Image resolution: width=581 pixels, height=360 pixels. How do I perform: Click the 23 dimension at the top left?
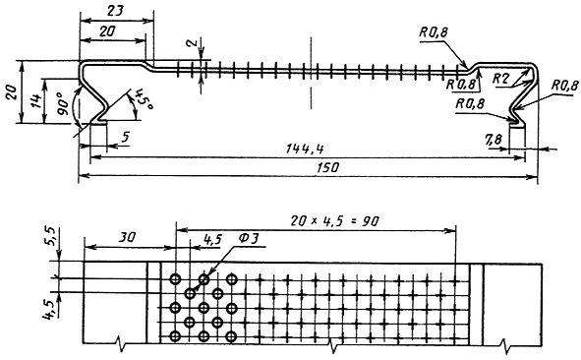[x=115, y=11]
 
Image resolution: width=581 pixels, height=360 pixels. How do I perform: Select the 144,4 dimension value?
[x=305, y=150]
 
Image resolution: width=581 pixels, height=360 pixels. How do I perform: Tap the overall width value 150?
[x=327, y=167]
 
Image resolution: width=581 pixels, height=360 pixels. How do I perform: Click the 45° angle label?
[x=143, y=99]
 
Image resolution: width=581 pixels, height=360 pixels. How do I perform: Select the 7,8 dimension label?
[x=494, y=140]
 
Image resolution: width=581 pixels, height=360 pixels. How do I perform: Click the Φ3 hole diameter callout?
[x=248, y=239]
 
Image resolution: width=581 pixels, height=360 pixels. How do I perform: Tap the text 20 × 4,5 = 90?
[x=334, y=221]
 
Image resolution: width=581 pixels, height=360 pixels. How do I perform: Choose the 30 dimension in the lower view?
[x=128, y=237]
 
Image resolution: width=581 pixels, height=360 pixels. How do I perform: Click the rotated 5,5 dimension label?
[x=51, y=236]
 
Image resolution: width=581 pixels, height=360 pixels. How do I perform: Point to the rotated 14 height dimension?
[x=36, y=101]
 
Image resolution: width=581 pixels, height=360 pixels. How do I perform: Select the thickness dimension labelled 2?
[x=192, y=43]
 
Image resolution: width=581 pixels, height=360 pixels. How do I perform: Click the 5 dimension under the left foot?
[x=126, y=137]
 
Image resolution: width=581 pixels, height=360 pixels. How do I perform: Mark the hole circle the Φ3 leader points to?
[x=203, y=279]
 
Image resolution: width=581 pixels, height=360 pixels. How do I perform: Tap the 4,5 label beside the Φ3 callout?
[x=212, y=239]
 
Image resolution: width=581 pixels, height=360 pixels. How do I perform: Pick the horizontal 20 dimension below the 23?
[x=107, y=31]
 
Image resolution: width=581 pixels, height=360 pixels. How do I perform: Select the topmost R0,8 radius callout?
[x=434, y=32]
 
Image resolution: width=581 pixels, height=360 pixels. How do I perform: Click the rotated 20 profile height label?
[x=11, y=91]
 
